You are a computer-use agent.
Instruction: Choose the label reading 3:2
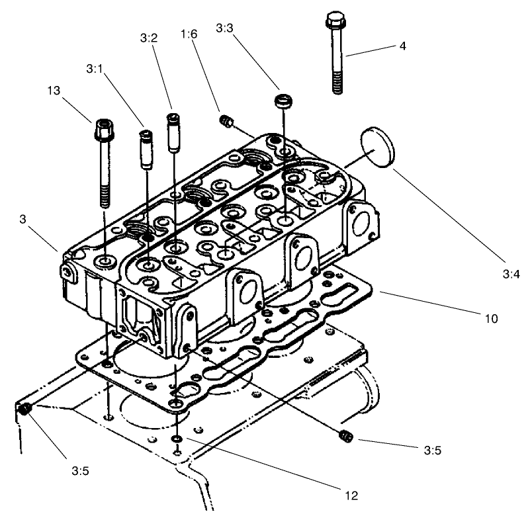148,39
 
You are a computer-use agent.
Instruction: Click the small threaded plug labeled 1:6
227,120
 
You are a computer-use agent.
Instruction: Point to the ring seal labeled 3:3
283,102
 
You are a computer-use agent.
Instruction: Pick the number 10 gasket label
491,318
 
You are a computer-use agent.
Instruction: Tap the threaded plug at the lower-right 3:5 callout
344,436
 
